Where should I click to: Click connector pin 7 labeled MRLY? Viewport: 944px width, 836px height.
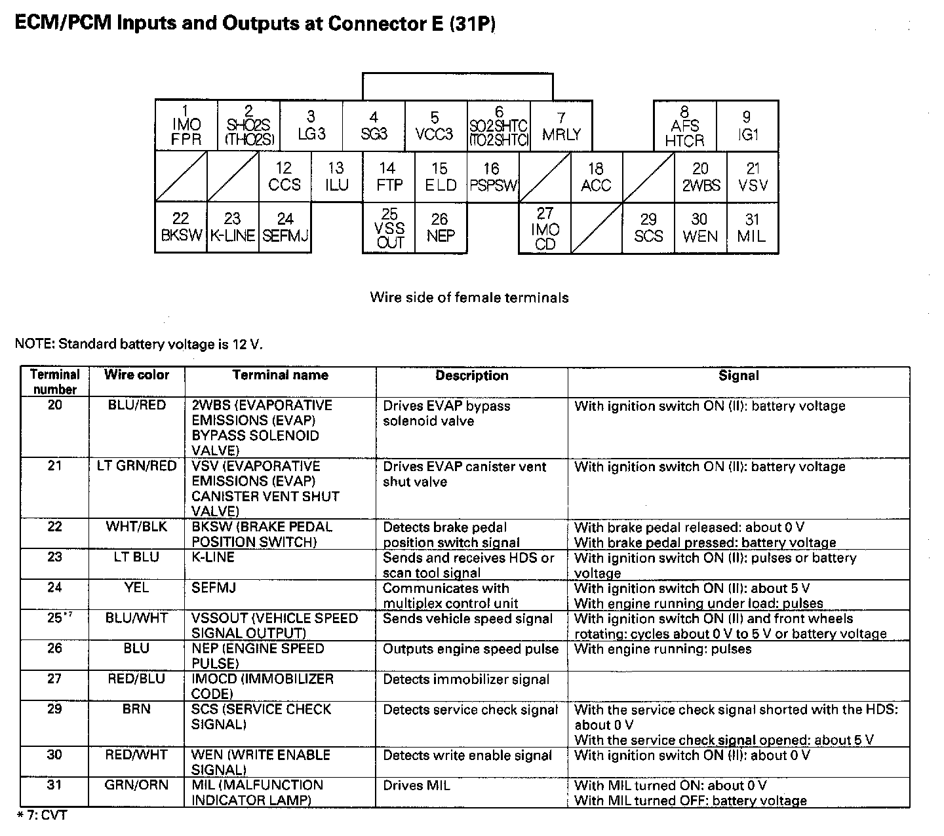(x=561, y=126)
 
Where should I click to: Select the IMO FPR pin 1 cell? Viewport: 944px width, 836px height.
(x=186, y=126)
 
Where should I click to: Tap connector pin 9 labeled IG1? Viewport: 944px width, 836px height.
(x=747, y=126)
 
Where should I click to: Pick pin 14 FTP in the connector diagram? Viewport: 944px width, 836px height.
(x=389, y=177)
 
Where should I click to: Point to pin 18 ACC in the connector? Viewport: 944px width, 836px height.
(x=596, y=177)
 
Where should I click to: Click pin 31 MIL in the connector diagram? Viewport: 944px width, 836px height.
(x=752, y=228)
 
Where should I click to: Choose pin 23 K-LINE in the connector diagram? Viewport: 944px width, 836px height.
(x=233, y=228)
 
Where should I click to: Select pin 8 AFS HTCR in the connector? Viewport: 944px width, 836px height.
(x=684, y=126)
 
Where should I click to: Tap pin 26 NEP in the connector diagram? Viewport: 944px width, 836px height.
(x=441, y=228)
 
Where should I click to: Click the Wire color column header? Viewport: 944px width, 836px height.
(x=136, y=375)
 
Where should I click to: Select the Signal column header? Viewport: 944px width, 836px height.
(x=738, y=375)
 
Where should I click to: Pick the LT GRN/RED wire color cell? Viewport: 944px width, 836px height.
(x=136, y=466)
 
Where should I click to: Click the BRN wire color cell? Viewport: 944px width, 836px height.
(x=136, y=709)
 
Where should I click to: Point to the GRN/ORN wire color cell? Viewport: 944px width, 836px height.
(x=136, y=785)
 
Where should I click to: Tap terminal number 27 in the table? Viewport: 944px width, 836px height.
(x=54, y=679)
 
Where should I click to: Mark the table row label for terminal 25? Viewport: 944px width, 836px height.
(x=56, y=618)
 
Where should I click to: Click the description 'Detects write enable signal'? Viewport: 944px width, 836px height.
(x=467, y=755)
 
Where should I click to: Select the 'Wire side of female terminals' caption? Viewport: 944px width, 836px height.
(x=469, y=297)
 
